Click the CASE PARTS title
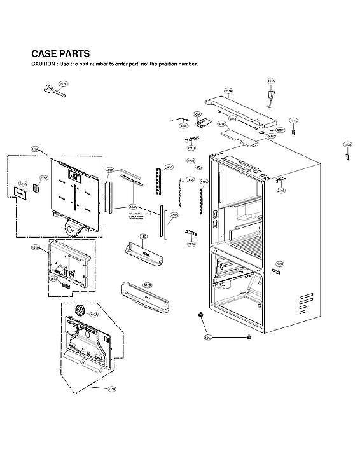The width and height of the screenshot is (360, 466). tap(60, 54)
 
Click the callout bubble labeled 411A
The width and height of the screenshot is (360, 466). tap(271, 81)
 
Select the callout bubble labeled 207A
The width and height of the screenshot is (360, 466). tap(228, 92)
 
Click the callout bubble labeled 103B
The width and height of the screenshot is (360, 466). tap(347, 145)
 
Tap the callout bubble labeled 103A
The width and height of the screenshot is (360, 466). tap(293, 120)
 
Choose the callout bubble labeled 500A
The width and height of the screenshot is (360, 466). tap(197, 114)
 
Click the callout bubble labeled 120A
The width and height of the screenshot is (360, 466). tap(35, 149)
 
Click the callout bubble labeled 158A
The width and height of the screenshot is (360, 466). tap(134, 207)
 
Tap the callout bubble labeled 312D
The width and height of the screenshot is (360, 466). tap(144, 236)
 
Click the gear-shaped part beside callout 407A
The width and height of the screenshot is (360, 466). tap(80, 311)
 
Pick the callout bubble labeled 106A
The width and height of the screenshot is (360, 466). tap(209, 338)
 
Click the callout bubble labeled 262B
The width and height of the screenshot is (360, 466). tap(280, 264)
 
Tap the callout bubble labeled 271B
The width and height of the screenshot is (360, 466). tap(281, 190)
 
